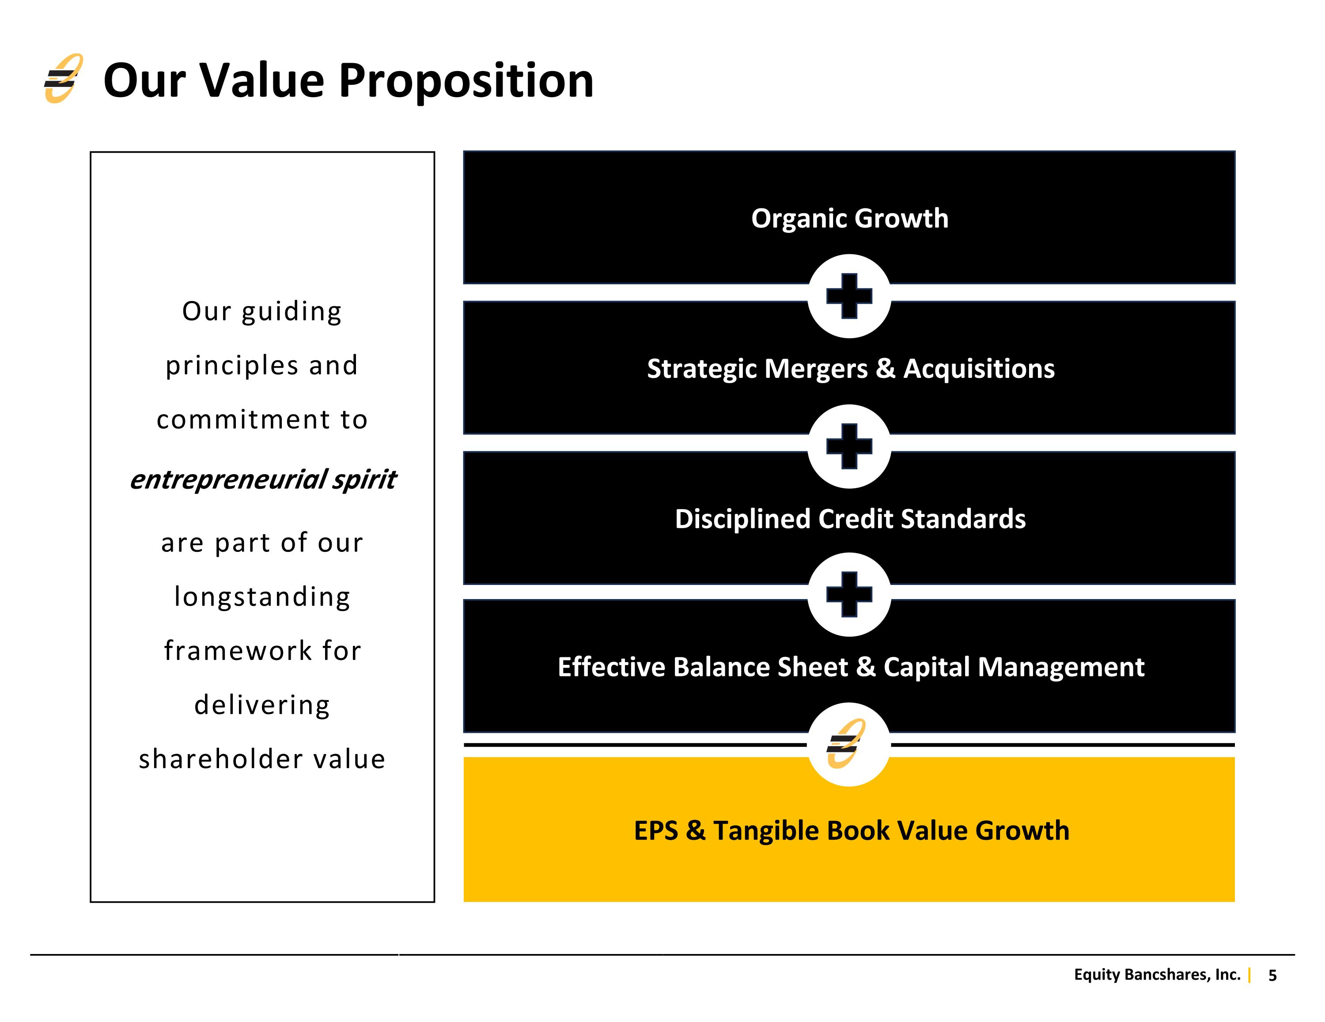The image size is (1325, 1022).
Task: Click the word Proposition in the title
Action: coord(466,81)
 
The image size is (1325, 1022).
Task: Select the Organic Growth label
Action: coord(849,219)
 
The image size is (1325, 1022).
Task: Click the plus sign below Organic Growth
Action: coord(849,296)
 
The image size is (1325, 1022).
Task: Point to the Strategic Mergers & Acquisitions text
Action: coord(851,369)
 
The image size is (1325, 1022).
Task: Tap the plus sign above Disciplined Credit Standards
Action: coord(849,446)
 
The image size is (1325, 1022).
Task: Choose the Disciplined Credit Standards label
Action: coord(850,519)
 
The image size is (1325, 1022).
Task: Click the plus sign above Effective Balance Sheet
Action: coord(849,594)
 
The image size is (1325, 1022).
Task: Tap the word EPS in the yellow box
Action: coord(656,830)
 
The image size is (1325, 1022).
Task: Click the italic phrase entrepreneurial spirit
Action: coord(263,479)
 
